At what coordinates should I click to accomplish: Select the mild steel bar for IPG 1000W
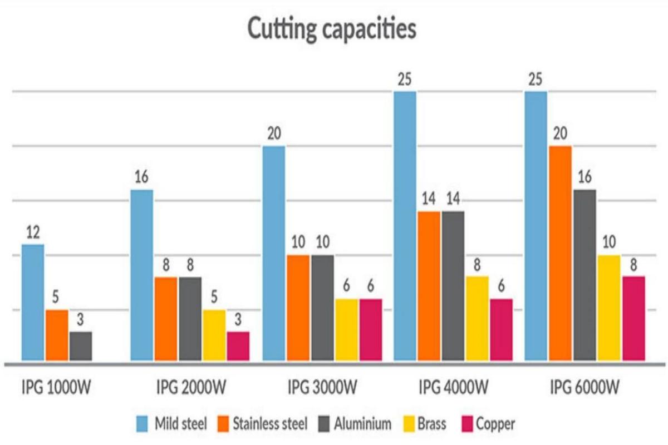[x=33, y=303]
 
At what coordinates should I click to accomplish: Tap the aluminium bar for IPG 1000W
[x=81, y=347]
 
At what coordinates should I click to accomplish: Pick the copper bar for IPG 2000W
[x=238, y=347]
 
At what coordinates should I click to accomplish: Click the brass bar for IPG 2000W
[x=214, y=336]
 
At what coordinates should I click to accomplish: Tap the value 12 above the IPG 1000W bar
[x=33, y=233]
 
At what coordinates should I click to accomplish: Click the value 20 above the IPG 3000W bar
[x=274, y=135]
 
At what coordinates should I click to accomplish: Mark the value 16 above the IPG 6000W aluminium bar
[x=584, y=178]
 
